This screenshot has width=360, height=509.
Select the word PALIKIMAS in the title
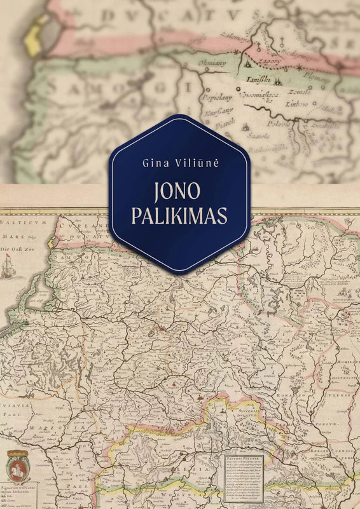[179, 216]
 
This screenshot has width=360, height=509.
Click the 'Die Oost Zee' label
[17, 248]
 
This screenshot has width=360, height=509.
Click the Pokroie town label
[279, 123]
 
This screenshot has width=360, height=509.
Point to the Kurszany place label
[218, 114]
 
